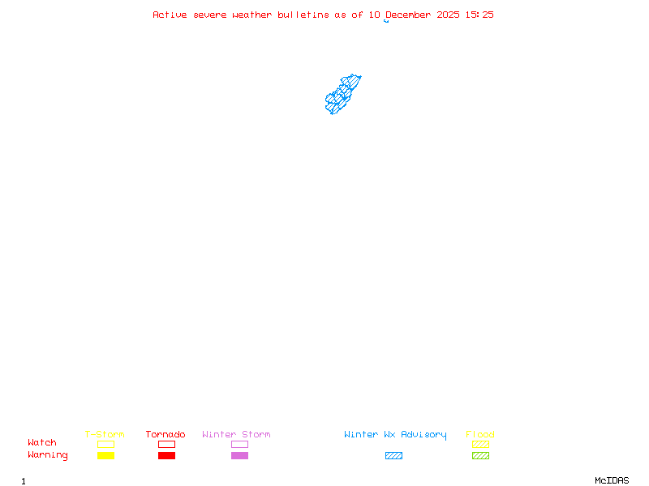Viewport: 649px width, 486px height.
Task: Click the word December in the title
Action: click(410, 15)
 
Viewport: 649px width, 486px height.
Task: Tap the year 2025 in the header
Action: click(448, 15)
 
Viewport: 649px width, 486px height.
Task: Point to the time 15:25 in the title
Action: click(480, 15)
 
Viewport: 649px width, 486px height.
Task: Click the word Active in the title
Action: click(170, 15)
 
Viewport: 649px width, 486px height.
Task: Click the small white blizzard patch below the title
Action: click(390, 21)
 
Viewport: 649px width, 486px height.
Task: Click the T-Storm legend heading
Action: click(105, 435)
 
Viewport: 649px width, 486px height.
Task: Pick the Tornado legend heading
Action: click(165, 435)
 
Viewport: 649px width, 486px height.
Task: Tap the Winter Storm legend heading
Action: click(236, 435)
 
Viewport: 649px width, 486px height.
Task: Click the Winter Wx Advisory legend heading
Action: click(395, 435)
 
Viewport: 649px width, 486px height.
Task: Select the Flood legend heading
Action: click(480, 435)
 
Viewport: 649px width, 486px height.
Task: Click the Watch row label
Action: click(42, 443)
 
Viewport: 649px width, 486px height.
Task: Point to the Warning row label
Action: click(48, 455)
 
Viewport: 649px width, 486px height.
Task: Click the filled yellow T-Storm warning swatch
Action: click(105, 456)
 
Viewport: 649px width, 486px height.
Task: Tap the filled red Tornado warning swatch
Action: click(166, 456)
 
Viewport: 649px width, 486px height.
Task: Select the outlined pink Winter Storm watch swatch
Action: click(239, 444)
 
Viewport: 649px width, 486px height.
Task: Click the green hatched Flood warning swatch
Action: click(480, 456)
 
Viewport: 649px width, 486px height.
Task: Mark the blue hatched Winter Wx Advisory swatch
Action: click(393, 456)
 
